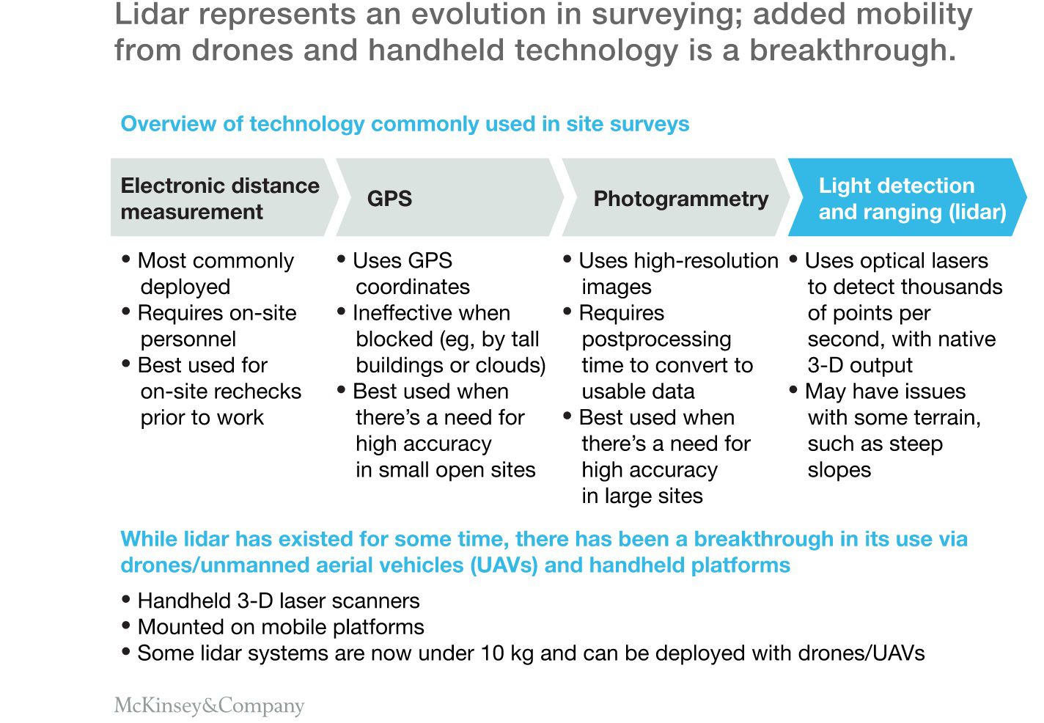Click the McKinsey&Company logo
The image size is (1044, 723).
[209, 705]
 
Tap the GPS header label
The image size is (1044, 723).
[389, 199]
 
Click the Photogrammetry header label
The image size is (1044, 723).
[680, 199]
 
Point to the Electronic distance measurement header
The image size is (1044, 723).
[219, 198]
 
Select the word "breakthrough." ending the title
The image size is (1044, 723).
[853, 50]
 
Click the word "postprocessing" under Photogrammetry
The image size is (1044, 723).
[656, 339]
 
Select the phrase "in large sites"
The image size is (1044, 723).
[642, 496]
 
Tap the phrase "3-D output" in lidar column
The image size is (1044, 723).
[859, 365]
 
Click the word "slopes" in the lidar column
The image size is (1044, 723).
[839, 470]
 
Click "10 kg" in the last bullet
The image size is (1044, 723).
[507, 653]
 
